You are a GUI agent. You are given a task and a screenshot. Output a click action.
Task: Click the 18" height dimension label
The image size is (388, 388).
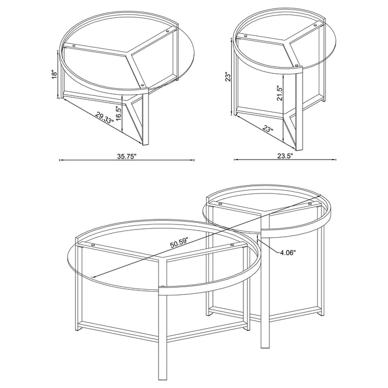54,73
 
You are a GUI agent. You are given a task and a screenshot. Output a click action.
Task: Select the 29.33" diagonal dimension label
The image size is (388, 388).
104,117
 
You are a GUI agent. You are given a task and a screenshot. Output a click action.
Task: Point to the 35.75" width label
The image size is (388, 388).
126,156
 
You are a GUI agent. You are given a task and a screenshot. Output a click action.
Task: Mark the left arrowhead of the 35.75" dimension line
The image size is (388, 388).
61,160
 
